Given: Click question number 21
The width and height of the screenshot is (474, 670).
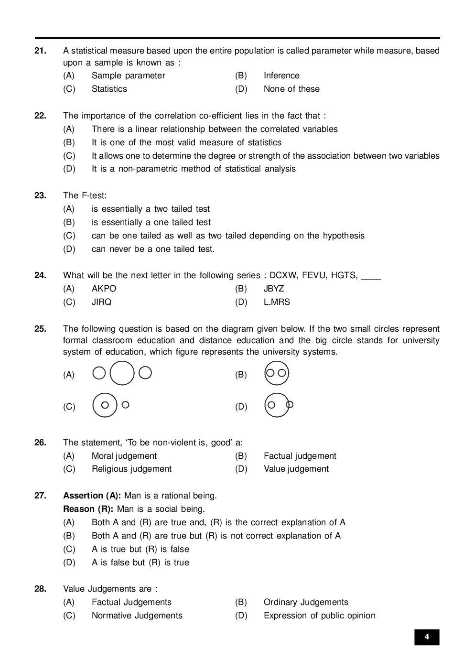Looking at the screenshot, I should [x=40, y=51].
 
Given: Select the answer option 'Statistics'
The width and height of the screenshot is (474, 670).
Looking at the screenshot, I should [x=109, y=89].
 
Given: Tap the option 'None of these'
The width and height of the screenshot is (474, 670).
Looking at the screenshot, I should [x=291, y=89].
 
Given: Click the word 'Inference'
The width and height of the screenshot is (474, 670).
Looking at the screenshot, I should [x=281, y=76].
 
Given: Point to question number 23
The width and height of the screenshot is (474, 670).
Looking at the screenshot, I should [x=40, y=195].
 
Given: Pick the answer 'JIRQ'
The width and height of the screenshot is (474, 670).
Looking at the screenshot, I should [x=101, y=302].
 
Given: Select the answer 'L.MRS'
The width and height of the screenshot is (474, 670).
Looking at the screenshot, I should [x=277, y=302].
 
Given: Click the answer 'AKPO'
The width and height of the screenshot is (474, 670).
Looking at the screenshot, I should [x=104, y=289].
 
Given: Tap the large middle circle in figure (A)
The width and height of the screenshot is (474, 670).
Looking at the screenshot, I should [x=122, y=373].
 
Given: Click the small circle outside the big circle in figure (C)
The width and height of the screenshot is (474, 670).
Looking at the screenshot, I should [x=125, y=405].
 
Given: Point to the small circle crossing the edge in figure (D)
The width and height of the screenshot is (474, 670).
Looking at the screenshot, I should [x=290, y=405].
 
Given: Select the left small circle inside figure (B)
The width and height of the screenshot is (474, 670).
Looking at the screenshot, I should [x=270, y=373].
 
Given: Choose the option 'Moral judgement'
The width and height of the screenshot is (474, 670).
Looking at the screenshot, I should [x=124, y=456].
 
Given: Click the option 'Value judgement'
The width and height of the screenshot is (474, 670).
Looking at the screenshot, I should [x=296, y=469].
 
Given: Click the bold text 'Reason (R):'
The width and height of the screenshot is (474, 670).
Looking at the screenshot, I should [x=88, y=509].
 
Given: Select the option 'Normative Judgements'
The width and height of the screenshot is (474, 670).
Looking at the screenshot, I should [x=137, y=616].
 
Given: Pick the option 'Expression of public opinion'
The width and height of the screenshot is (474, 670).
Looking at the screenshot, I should [x=319, y=616].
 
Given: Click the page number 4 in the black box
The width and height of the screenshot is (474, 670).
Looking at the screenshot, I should [x=427, y=637].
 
